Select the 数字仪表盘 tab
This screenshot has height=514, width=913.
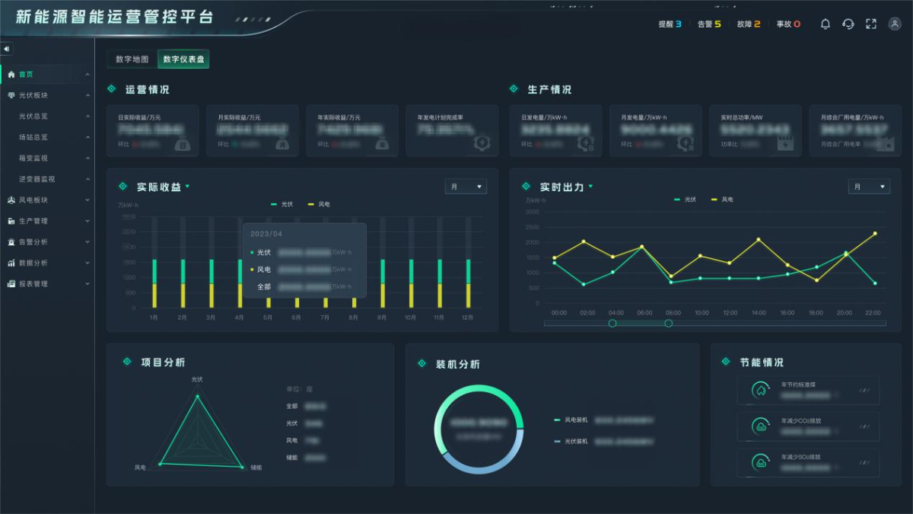pos(183,59)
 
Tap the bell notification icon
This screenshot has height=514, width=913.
pos(826,24)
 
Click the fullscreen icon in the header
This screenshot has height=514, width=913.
pos(871,24)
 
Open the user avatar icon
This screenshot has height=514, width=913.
pos(895,24)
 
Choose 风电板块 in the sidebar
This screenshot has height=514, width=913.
pos(33,200)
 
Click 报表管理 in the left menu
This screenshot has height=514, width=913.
pos(33,284)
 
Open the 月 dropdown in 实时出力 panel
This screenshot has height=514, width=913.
pos(869,187)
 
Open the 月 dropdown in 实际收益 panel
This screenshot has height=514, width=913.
pos(466,187)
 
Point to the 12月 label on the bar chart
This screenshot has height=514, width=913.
pos(468,317)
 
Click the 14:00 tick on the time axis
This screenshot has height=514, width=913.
pos(759,313)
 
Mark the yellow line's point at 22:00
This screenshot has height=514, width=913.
pos(875,234)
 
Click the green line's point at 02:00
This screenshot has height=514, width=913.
pos(584,284)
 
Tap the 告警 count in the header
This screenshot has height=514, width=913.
pos(709,24)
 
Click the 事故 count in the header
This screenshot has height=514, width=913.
pos(788,24)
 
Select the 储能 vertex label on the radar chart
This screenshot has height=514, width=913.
pos(256,467)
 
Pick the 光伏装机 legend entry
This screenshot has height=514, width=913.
pos(575,441)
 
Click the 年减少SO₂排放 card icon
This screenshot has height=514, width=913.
pos(760,462)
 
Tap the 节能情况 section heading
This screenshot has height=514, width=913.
pos(761,362)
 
